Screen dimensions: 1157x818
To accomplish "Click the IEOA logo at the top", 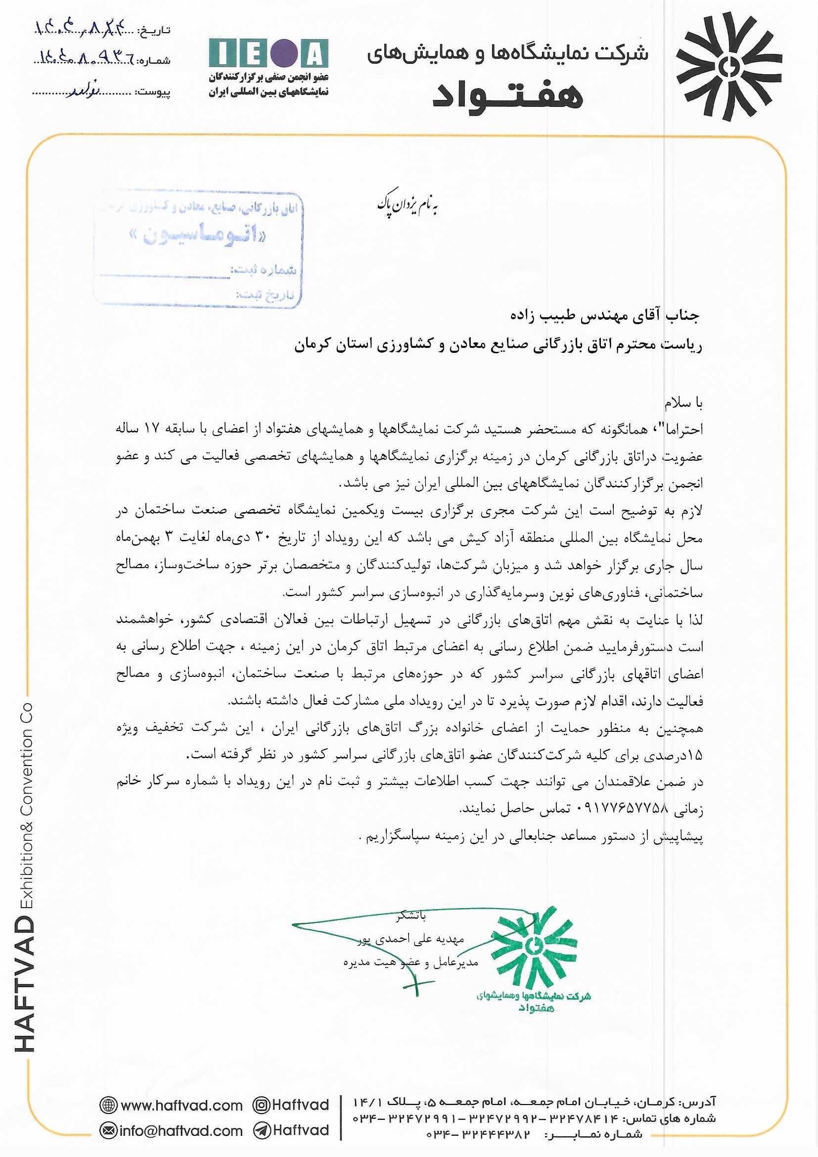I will [269, 53].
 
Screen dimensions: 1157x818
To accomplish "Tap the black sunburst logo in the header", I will [728, 66].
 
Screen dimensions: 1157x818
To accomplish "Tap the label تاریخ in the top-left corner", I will [155, 30].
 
